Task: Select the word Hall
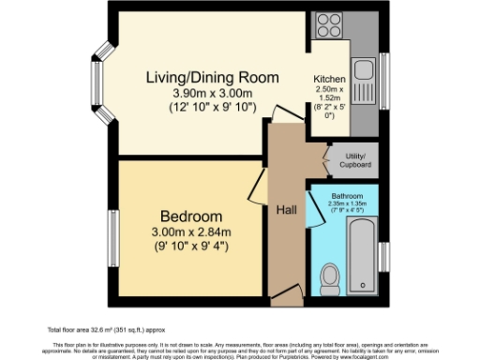(287, 211)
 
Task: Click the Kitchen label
(329, 80)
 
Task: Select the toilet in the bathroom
(329, 277)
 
